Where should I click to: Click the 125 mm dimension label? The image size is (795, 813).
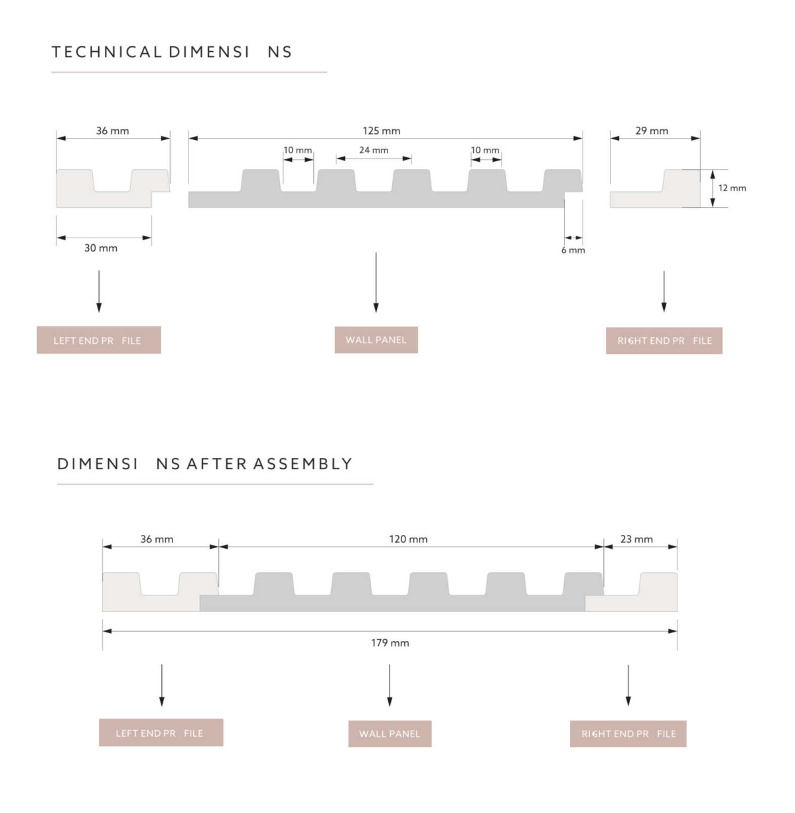pos(381,131)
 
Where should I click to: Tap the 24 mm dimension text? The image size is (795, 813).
pos(374,150)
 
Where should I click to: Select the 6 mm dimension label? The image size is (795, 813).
pos(573,250)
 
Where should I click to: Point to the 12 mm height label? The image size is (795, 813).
pos(732,188)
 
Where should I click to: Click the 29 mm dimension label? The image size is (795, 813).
pos(652,131)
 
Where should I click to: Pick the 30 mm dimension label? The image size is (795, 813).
pos(101,248)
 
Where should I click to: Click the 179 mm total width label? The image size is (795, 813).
pos(390,642)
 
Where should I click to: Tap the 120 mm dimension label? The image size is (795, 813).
pos(408,540)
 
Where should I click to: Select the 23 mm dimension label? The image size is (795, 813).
pos(636,540)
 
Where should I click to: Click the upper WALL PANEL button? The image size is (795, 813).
pos(376,340)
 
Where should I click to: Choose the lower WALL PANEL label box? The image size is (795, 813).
pos(390,733)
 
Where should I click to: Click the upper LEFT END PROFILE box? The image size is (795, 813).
pos(99,340)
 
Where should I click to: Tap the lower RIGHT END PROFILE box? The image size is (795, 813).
pos(628,733)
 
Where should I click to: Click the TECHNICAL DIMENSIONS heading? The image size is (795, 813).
pos(172,52)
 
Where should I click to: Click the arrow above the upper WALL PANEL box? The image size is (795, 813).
pos(376,282)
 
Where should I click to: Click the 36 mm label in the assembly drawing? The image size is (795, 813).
pos(157,540)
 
